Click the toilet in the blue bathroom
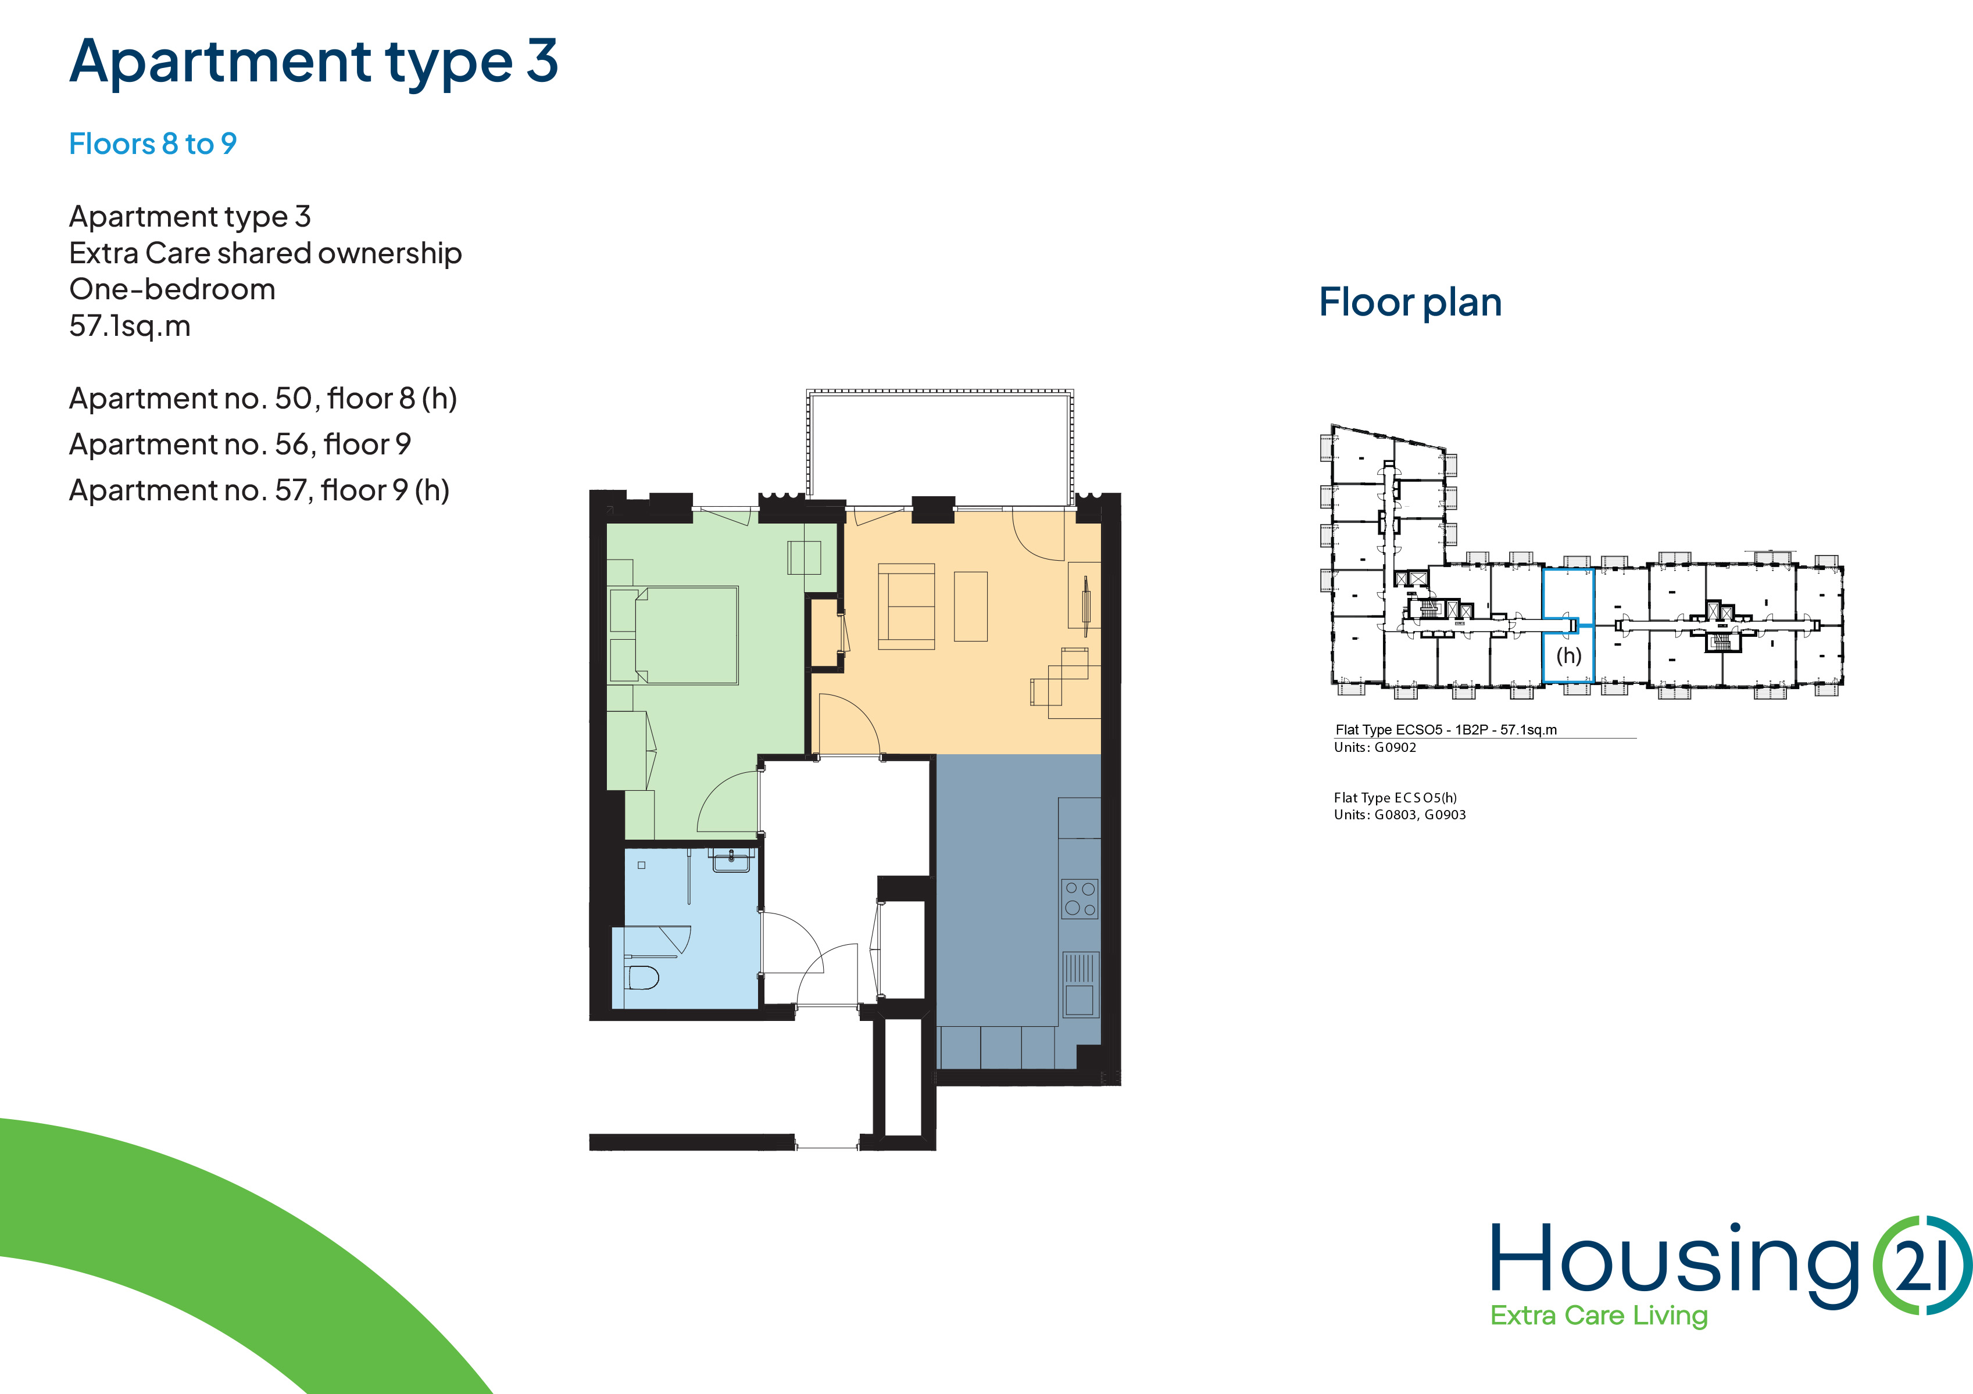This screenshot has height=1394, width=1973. click(x=643, y=977)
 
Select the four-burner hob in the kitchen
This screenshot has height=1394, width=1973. click(x=1080, y=898)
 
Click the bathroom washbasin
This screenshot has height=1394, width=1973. click(x=731, y=861)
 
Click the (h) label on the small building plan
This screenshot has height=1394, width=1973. click(x=1568, y=655)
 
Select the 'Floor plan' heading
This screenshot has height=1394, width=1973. click(x=1410, y=302)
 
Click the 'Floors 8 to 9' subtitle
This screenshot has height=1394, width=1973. click(x=153, y=144)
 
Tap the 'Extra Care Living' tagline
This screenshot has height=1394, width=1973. click(x=1598, y=1316)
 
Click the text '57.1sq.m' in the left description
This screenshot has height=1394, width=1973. click(x=130, y=327)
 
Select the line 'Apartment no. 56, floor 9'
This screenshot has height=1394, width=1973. click(x=240, y=444)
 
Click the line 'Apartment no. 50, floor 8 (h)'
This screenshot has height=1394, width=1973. click(x=263, y=399)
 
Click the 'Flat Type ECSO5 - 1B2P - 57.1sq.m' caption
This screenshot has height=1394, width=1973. click(x=1446, y=730)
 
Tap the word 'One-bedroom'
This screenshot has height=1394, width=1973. click(x=172, y=289)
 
